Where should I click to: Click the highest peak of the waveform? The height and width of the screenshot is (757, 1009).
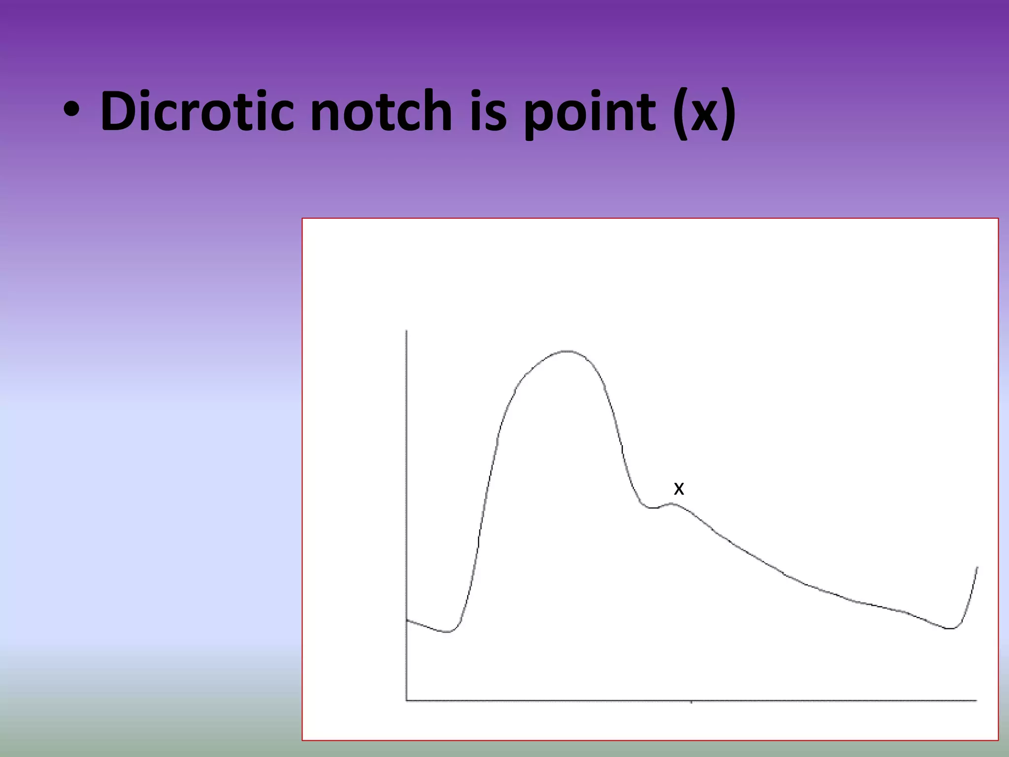click(569, 351)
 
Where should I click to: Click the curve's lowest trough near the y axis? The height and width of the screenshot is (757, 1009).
click(447, 632)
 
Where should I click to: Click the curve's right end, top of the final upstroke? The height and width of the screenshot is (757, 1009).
click(977, 568)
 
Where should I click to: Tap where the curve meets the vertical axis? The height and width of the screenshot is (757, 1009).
click(407, 620)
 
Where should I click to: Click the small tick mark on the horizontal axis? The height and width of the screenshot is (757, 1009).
click(691, 702)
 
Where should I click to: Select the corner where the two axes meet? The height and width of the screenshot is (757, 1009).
click(407, 700)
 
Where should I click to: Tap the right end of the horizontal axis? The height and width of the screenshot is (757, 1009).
click(976, 700)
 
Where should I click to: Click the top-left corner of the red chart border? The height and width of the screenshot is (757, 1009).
click(303, 218)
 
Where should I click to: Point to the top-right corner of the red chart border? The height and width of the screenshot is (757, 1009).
click(998, 218)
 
